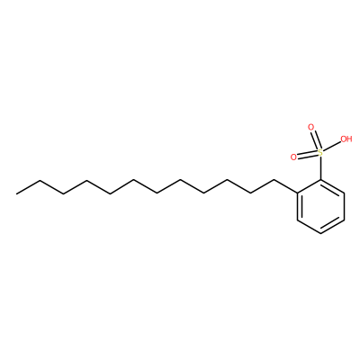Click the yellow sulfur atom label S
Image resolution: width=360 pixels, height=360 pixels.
point(320,153)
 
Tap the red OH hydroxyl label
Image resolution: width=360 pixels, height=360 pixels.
point(346,139)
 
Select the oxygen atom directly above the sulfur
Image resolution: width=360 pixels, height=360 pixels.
point(310,127)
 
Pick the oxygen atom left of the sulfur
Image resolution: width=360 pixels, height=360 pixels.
point(293,157)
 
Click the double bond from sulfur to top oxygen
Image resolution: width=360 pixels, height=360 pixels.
point(315,139)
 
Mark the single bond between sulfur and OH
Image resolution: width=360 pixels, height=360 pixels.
point(332,147)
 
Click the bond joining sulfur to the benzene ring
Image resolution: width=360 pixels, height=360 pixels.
point(320,168)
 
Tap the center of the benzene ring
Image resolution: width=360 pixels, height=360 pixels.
point(320,207)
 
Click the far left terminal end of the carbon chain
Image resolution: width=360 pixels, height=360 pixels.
point(16,193)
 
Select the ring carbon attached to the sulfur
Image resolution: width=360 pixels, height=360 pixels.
point(320,180)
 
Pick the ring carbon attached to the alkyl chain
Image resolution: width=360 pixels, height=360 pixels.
point(298,193)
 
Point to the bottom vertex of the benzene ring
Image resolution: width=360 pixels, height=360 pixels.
point(320,233)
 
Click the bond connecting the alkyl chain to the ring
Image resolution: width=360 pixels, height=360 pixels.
point(286,187)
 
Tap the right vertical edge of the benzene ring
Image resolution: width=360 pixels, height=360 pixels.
point(344,207)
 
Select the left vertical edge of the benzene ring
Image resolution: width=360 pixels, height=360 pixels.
point(299,207)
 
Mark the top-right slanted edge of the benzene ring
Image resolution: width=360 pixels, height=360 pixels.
point(332,187)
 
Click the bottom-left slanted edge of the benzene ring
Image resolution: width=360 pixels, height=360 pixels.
point(309,227)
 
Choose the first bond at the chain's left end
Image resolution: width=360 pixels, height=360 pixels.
point(28,187)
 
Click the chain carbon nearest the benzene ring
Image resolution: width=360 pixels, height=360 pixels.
point(274,180)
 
